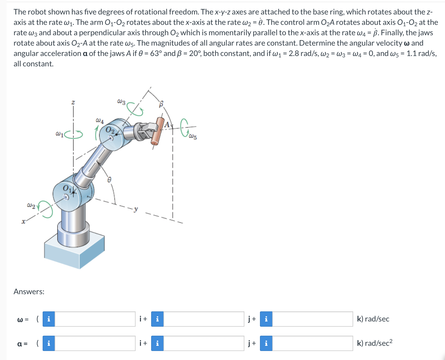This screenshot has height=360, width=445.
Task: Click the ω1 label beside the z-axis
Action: (x=59, y=134)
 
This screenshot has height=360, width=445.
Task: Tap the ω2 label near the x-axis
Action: (x=31, y=205)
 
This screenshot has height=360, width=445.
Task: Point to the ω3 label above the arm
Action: (x=121, y=102)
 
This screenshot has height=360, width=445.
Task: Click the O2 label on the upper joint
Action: (x=110, y=130)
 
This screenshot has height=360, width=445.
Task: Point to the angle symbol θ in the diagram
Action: (x=109, y=179)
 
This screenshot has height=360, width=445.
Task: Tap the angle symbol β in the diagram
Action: (x=161, y=104)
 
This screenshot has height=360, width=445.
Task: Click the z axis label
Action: (x=73, y=102)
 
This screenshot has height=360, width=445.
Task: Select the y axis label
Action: (x=136, y=209)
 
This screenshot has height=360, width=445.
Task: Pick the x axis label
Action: (x=24, y=222)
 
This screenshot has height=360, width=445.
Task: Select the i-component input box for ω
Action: (x=95, y=319)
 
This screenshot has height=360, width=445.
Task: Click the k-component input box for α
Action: (x=312, y=343)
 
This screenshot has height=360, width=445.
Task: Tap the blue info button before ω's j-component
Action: (x=157, y=319)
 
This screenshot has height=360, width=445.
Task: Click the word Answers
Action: (x=29, y=292)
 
